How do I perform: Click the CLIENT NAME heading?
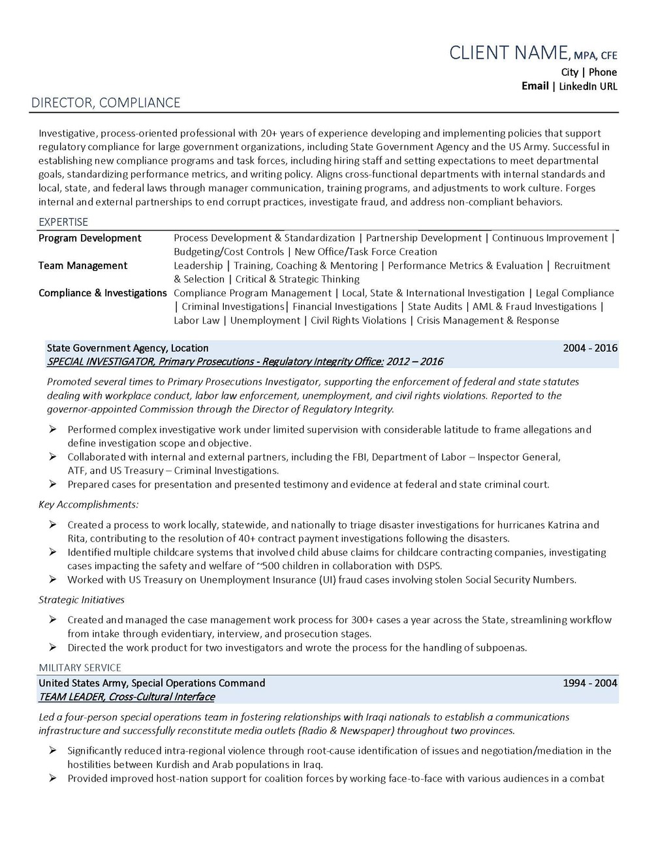[x=508, y=53]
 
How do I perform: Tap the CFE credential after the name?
[x=609, y=56]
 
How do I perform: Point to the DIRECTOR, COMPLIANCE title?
[x=106, y=103]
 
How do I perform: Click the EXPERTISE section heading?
[x=63, y=222]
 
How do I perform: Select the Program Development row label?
[x=89, y=238]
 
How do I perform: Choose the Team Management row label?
[x=83, y=266]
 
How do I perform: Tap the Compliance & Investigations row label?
[x=102, y=293]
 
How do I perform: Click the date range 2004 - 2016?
[x=590, y=348]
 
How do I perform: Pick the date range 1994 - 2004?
[x=590, y=683]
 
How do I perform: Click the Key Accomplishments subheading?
[x=88, y=504]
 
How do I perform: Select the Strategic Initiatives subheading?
[x=81, y=600]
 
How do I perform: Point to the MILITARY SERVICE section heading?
[x=80, y=668]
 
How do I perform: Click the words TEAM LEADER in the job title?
[x=72, y=697]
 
